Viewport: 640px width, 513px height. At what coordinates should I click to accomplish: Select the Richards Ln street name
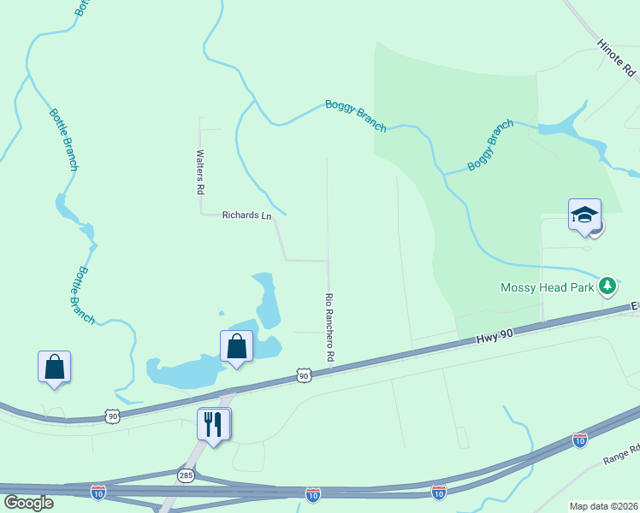(x=246, y=215)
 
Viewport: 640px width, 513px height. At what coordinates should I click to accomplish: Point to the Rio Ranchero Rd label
(x=329, y=326)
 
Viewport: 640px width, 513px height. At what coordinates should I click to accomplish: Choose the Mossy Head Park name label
(x=547, y=287)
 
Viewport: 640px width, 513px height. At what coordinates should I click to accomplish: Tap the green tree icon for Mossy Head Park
(x=607, y=285)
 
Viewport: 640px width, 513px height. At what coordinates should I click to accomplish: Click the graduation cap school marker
(x=584, y=215)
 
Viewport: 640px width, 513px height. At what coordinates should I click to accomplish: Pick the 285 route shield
(x=186, y=474)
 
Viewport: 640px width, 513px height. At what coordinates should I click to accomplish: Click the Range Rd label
(x=621, y=455)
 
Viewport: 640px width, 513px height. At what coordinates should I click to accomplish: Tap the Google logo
(x=28, y=502)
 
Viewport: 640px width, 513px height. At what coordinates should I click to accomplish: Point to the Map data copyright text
(x=602, y=506)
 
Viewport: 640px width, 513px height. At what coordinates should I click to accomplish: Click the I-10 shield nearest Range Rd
(x=579, y=440)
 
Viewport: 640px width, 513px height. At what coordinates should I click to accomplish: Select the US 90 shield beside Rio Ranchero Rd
(x=304, y=375)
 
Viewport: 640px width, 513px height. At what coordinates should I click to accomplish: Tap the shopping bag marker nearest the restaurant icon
(x=236, y=346)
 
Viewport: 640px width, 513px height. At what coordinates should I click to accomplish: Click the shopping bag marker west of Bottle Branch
(x=54, y=366)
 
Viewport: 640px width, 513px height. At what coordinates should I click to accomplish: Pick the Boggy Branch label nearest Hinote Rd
(x=490, y=145)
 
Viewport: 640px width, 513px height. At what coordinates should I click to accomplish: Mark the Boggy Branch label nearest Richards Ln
(x=356, y=115)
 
